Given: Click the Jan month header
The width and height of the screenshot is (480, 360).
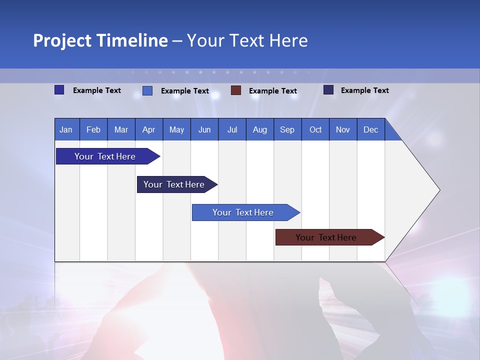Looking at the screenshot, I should pos(66,129).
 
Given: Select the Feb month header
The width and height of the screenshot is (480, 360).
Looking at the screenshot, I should pos(93,129).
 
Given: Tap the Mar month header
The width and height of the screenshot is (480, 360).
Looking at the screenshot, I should pos(121,129).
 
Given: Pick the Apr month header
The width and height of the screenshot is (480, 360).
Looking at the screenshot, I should pos(149,129).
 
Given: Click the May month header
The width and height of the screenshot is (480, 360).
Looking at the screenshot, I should pos(176,129).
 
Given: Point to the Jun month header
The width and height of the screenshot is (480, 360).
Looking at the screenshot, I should pos(204,129).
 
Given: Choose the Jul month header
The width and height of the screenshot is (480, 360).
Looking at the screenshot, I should pos(232,129).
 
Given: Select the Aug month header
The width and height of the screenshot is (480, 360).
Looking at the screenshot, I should pos(260,129).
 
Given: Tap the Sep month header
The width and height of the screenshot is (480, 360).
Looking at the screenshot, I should pos(287,129).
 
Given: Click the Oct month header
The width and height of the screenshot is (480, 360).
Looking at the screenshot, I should pos(315,129).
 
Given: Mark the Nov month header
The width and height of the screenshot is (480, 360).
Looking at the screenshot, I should pos(343,129).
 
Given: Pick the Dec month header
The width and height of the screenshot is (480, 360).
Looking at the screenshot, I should pos(371,129).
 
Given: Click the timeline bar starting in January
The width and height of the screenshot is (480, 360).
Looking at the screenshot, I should pos(105,156).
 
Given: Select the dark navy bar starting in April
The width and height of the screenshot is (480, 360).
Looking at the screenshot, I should pos(174,184).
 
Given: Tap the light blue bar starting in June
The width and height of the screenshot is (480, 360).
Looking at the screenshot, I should pos(243,212).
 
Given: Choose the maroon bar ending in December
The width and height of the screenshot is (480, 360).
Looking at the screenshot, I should pos(326,237).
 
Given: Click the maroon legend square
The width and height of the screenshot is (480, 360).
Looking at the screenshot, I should pos(236,90).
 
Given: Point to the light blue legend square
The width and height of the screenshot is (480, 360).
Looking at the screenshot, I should pos(147,90).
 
